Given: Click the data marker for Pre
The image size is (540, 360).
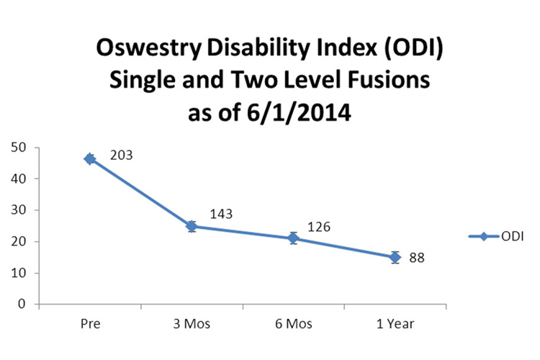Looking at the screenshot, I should (x=90, y=158).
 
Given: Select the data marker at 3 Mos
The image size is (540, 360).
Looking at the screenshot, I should (x=192, y=226).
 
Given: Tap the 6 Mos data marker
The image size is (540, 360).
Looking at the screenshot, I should (x=294, y=238).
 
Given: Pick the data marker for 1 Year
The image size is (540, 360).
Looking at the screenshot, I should (x=395, y=257).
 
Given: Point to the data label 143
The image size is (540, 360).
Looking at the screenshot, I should (x=221, y=214).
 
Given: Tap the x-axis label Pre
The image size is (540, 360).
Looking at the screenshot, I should (x=90, y=324).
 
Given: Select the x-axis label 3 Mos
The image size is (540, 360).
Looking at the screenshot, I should (x=192, y=324).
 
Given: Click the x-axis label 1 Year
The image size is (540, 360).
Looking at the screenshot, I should (x=395, y=324).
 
